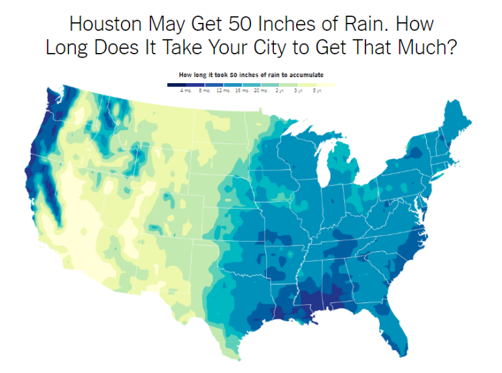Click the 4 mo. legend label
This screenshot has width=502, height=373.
click(186, 90)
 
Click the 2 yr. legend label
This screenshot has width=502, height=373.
click(281, 90)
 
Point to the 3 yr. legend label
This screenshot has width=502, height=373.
click(299, 90)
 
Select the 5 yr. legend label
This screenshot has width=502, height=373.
click(317, 90)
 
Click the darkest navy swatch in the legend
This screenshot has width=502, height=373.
click(176, 84)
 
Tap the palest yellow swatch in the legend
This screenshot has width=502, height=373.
click(326, 84)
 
